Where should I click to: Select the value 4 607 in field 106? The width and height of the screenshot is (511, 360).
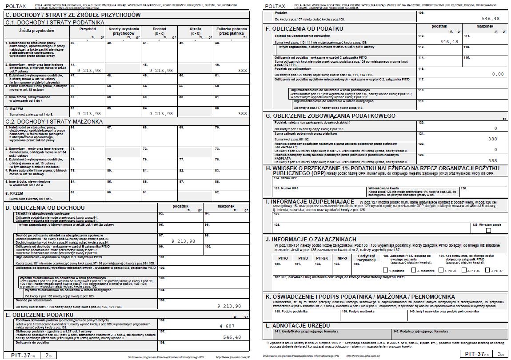coord(227,326)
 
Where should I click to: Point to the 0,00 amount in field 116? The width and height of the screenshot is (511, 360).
coord(498,74)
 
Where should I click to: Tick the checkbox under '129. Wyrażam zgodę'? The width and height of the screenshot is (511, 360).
coord(489,230)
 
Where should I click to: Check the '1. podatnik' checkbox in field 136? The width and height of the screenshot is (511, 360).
coord(385,271)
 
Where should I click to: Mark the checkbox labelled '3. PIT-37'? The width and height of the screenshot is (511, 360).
coord(487,271)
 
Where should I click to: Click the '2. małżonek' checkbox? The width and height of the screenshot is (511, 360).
coord(413,271)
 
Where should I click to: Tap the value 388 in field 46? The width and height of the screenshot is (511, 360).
coord(242,71)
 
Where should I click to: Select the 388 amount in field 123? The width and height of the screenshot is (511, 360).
coord(492,161)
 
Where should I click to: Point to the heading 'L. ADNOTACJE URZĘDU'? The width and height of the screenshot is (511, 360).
coord(298,326)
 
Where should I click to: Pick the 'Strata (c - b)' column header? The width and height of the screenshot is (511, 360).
coord(196,31)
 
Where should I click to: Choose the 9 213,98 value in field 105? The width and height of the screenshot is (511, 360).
coord(229,306)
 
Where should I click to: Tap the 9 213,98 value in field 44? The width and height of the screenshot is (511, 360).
coord(89,71)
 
